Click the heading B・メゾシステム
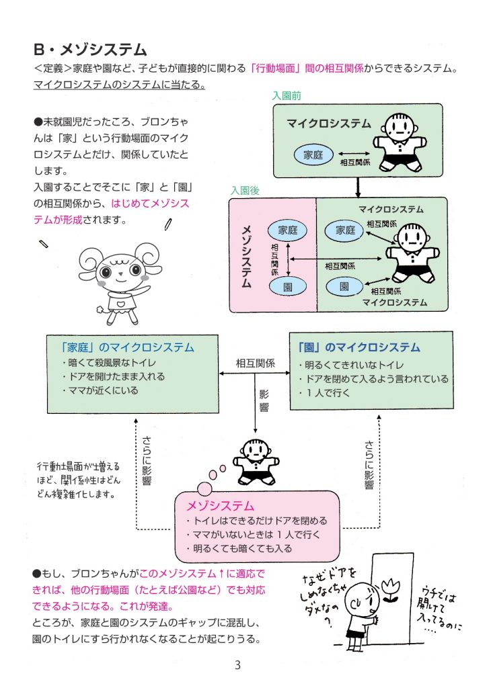click(x=90, y=49)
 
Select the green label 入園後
click(x=245, y=190)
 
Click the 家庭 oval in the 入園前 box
click(x=313, y=155)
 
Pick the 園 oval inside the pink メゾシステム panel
click(x=287, y=286)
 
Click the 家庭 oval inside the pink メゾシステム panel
click(x=287, y=230)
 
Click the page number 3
click(x=237, y=666)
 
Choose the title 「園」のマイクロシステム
click(x=359, y=347)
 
